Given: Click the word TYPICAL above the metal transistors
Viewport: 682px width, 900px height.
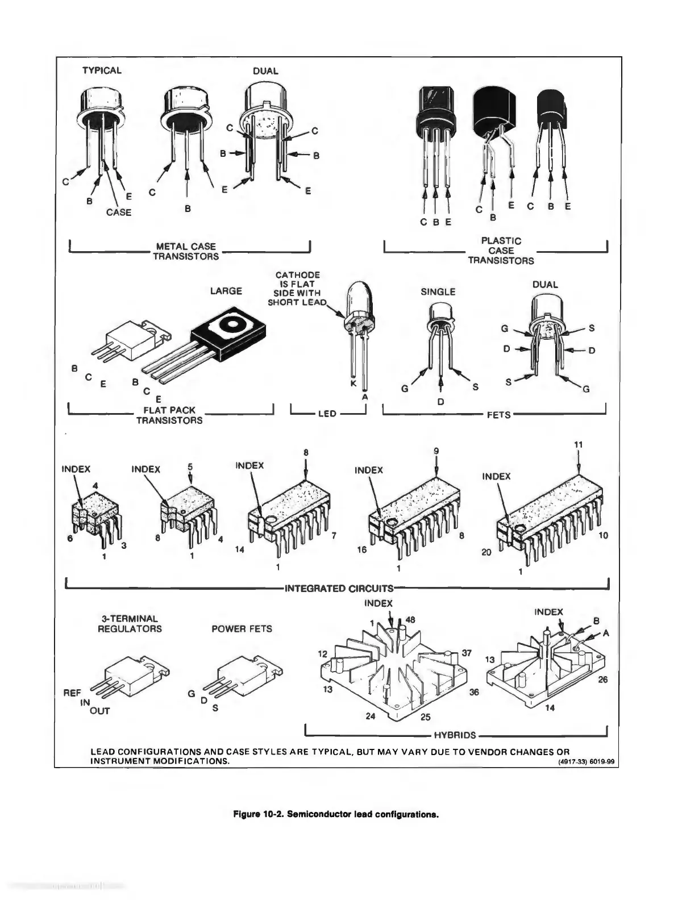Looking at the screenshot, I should point(102,70).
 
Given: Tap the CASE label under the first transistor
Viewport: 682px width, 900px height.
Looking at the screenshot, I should point(119,212).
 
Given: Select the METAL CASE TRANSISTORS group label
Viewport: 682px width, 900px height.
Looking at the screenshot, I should point(186,251).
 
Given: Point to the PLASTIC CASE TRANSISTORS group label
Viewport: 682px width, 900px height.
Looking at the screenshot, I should point(501,251).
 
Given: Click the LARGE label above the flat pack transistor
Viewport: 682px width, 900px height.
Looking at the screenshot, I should point(226,291).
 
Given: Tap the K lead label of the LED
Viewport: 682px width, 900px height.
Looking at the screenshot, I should point(354,385).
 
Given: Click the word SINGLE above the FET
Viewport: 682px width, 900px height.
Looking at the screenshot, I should point(438,291).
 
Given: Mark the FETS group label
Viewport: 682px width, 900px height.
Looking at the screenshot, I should point(498,415).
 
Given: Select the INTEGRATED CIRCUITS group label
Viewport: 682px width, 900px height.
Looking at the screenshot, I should point(339,588).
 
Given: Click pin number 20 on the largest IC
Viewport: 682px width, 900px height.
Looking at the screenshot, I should point(486,552).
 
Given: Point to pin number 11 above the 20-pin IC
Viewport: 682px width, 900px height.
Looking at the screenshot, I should point(579,445).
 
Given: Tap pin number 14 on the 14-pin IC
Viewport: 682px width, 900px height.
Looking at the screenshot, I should point(240,550).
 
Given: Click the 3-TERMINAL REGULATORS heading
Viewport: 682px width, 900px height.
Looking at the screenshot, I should point(130,623).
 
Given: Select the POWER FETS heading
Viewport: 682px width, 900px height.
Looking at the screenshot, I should point(242,628).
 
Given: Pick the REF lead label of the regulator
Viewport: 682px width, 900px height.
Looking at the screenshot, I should point(72,693).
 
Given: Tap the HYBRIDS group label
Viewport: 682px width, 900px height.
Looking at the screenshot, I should point(455,735).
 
